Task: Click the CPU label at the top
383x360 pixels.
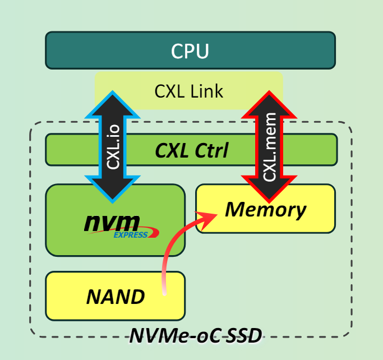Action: (x=190, y=51)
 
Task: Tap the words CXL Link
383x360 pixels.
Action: (x=189, y=90)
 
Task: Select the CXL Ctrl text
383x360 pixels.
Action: (x=191, y=150)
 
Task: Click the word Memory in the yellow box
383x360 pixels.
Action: (x=265, y=210)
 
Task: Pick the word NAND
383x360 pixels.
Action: (x=116, y=296)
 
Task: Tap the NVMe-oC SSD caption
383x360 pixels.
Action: (x=196, y=336)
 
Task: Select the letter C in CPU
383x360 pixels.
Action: (x=177, y=51)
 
